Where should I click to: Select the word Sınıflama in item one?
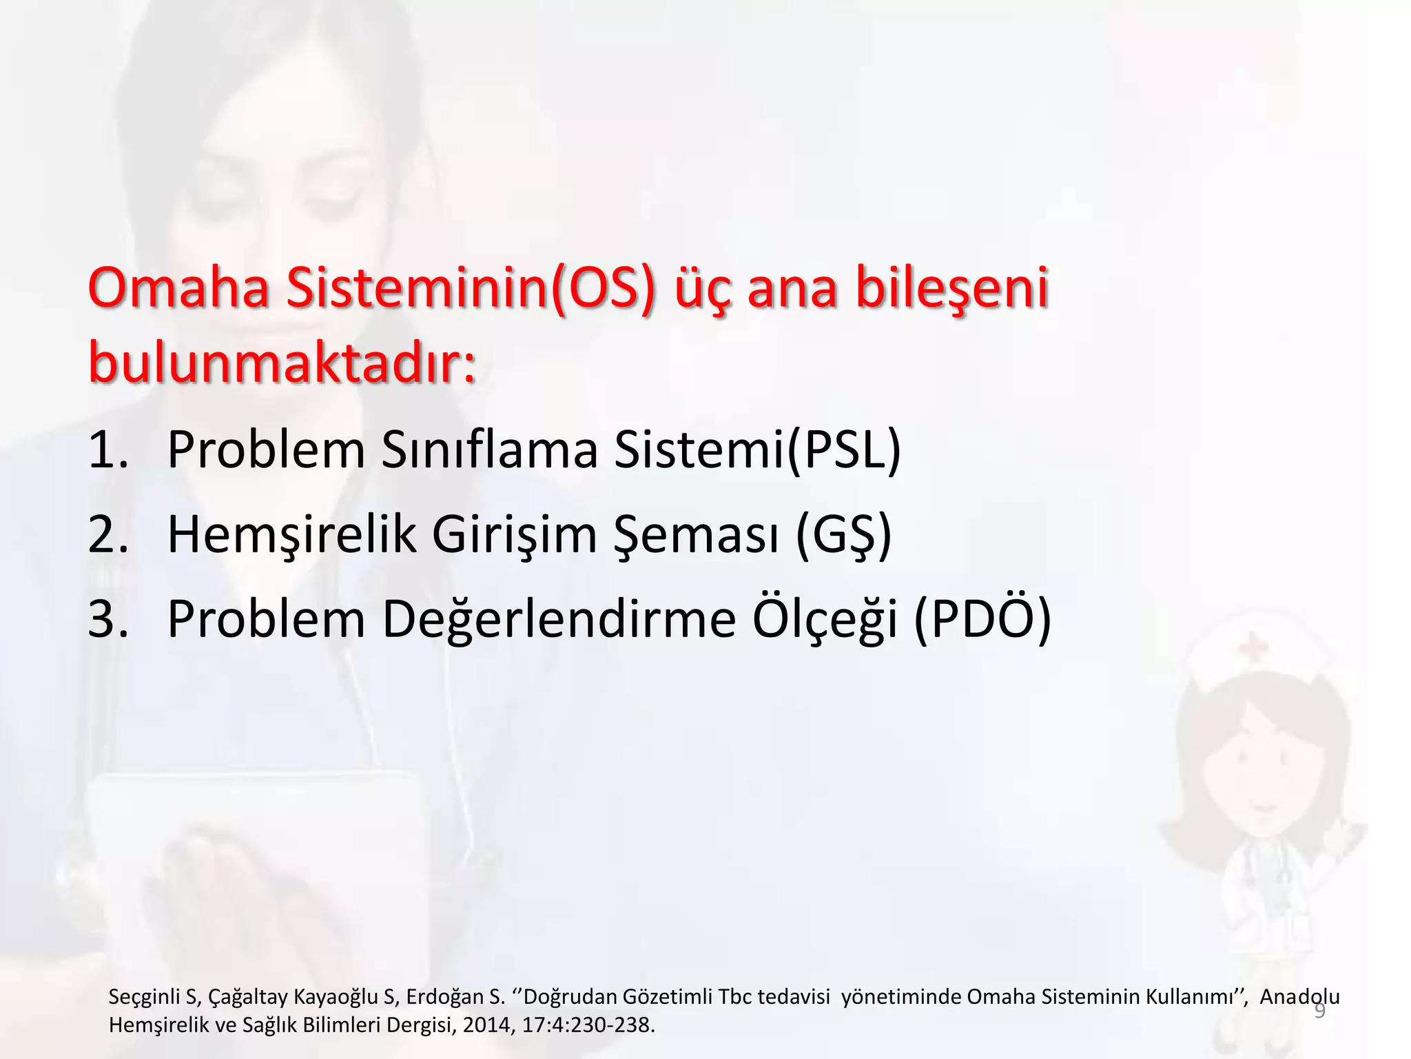click(489, 450)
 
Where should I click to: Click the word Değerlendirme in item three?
click(559, 618)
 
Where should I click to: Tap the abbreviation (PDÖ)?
click(982, 618)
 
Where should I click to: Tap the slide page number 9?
click(1319, 1011)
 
